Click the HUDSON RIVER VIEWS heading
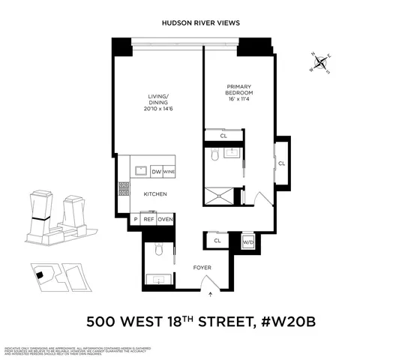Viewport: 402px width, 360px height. [x=201, y=23]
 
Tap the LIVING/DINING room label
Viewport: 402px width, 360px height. [x=157, y=99]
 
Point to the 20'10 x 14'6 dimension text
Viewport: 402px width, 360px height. [x=157, y=109]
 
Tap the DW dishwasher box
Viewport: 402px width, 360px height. [x=157, y=171]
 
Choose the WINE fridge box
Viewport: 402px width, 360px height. [x=169, y=171]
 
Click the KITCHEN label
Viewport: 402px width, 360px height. [x=154, y=195]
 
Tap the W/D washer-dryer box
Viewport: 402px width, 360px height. [x=248, y=241]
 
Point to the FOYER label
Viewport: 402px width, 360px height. [x=202, y=266]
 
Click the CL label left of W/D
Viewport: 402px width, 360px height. [x=217, y=241]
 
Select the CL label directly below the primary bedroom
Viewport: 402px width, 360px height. [x=223, y=136]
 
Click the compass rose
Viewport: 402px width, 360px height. [x=321, y=62]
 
